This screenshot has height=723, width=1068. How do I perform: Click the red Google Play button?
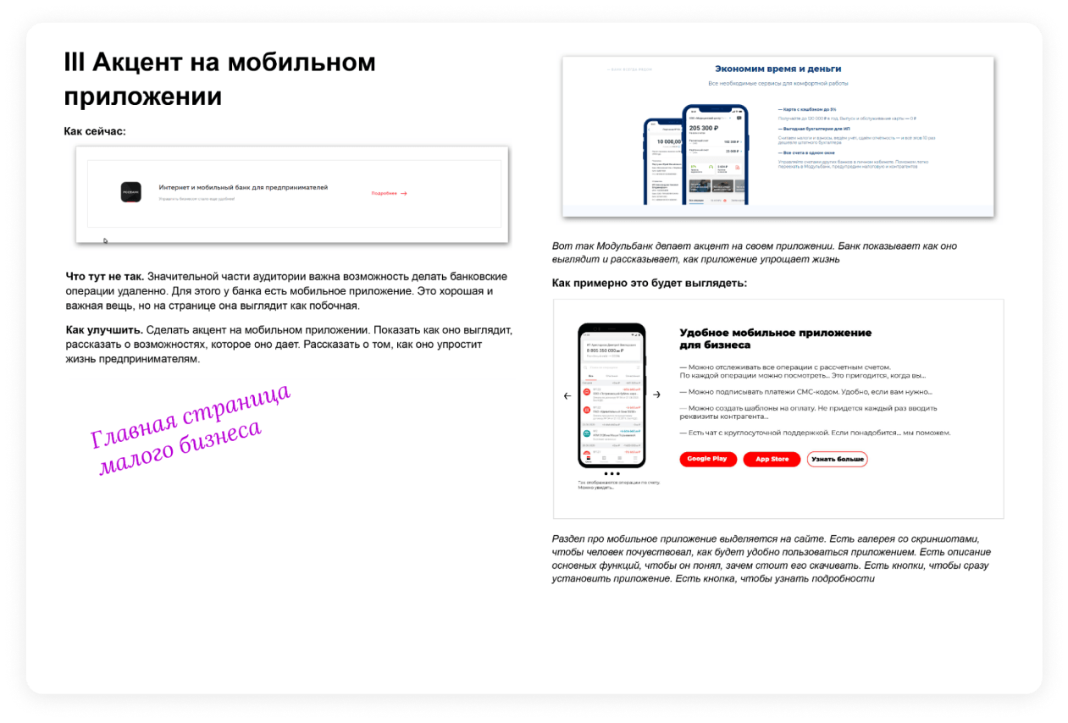tap(706, 459)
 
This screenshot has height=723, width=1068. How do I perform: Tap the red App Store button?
tap(772, 459)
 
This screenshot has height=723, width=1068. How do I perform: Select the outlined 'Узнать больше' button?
tap(837, 459)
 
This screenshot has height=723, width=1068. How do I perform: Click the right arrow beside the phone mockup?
tap(656, 395)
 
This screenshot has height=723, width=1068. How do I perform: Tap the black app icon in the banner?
tap(131, 193)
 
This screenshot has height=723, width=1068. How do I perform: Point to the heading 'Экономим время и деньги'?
tap(777, 69)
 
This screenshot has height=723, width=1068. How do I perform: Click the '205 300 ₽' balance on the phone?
tap(705, 127)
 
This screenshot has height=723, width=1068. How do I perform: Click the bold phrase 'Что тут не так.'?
tap(105, 277)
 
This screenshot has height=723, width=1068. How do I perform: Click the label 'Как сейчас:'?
tap(95, 131)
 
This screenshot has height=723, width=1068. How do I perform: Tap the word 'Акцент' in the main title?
tap(135, 62)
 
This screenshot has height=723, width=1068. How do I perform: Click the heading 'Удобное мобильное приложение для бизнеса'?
tap(775, 339)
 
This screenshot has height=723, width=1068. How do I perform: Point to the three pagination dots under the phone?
tap(611, 474)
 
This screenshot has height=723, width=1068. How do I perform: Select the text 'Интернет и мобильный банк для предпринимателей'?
tap(243, 187)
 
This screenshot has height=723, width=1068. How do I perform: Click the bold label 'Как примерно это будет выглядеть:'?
tap(650, 283)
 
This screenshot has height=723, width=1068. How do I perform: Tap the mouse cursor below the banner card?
tap(106, 241)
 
